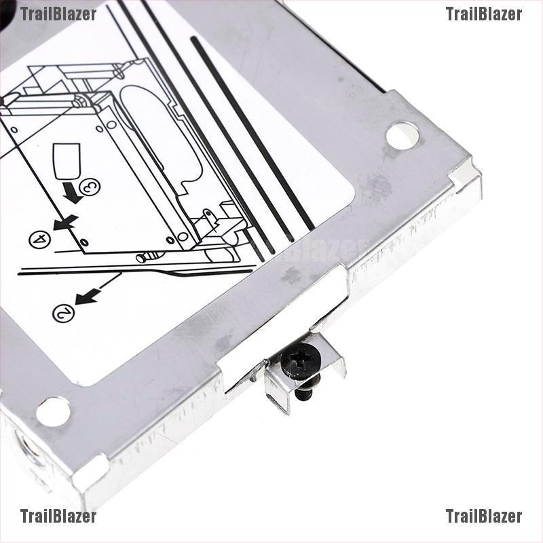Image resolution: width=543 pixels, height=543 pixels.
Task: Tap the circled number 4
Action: [39, 239]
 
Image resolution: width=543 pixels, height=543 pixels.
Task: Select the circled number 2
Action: [62, 313]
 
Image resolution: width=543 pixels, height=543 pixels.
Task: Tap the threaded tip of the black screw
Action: [307, 390]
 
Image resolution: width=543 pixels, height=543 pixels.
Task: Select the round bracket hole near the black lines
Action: [402, 135]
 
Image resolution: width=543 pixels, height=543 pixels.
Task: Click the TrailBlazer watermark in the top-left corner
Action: [58, 14]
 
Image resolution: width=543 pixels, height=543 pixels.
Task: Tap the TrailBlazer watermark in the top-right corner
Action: [483, 14]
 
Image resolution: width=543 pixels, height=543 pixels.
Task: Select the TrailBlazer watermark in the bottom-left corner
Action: [58, 517]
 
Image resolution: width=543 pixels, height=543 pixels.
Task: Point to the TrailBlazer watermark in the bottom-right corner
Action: [483, 517]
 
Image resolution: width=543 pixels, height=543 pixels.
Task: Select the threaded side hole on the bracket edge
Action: [31, 451]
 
